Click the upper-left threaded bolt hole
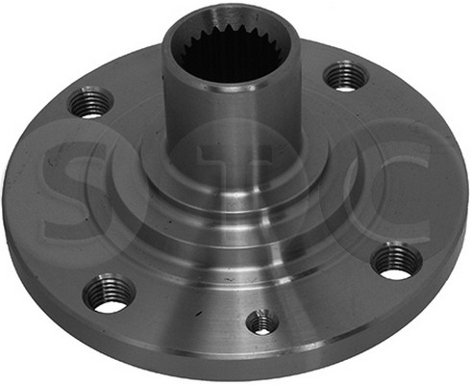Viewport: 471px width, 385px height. pyautogui.click(x=91, y=102)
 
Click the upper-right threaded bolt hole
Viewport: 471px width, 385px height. pyautogui.click(x=345, y=77)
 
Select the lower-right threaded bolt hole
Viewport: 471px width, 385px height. pyautogui.click(x=397, y=261)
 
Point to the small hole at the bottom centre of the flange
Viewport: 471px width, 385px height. pyautogui.click(x=263, y=322)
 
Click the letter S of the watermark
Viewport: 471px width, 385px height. pyautogui.click(x=75, y=190)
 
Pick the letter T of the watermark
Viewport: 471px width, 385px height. pyautogui.click(x=235, y=167)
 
